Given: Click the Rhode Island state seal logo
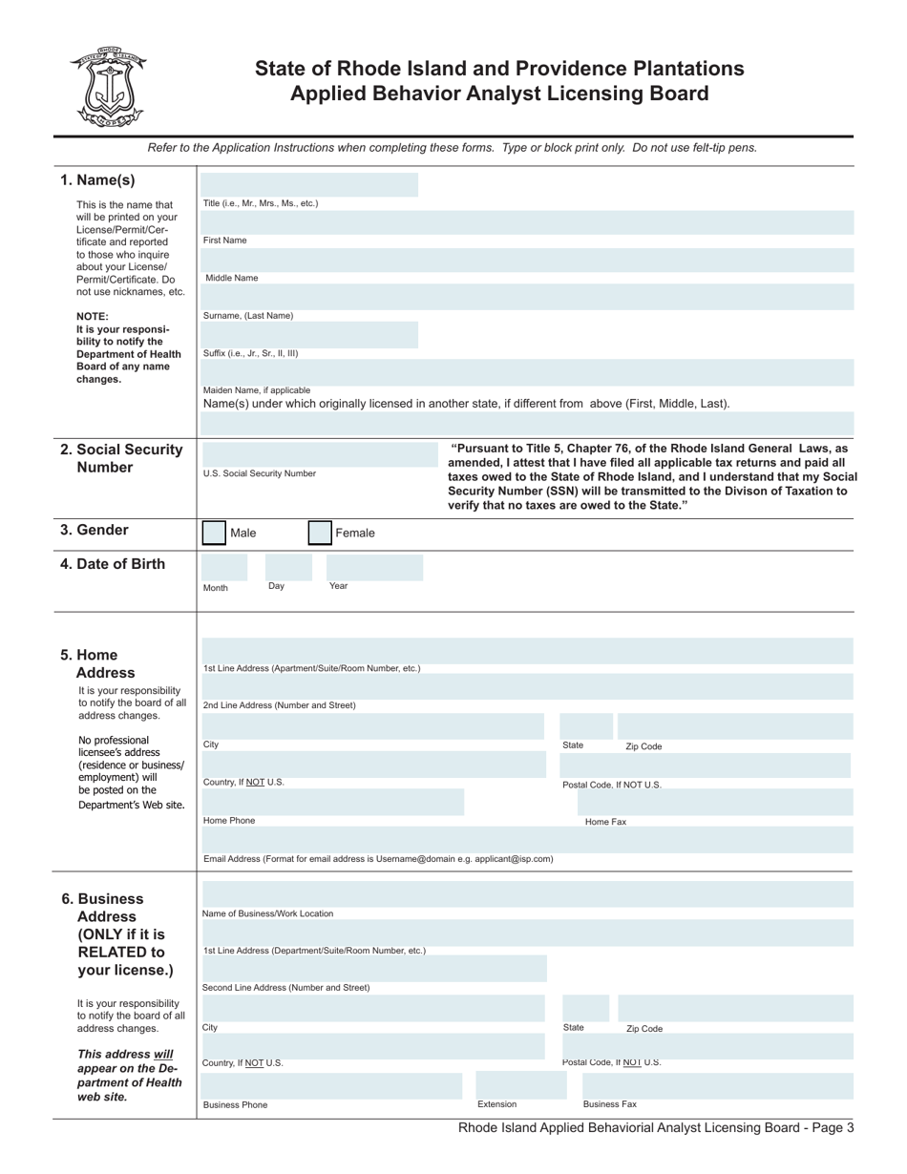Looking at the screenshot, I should (106, 87).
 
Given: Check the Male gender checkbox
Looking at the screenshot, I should (215, 533).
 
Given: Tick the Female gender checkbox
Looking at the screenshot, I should (320, 533).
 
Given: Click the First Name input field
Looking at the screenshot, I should (527, 223).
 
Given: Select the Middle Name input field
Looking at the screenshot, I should (527, 261).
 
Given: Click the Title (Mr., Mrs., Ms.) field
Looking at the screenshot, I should (309, 185).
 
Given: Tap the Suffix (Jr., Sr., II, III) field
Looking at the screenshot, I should (309, 334).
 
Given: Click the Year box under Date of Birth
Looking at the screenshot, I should (374, 568).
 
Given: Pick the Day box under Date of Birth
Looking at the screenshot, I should (287, 568).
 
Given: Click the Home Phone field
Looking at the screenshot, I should (332, 802).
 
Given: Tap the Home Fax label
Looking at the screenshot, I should (605, 822).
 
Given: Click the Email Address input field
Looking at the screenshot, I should (527, 840).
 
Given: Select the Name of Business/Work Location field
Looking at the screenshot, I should (527, 894).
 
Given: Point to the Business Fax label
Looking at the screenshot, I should (610, 1104).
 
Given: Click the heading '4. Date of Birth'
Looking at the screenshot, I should (113, 564).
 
